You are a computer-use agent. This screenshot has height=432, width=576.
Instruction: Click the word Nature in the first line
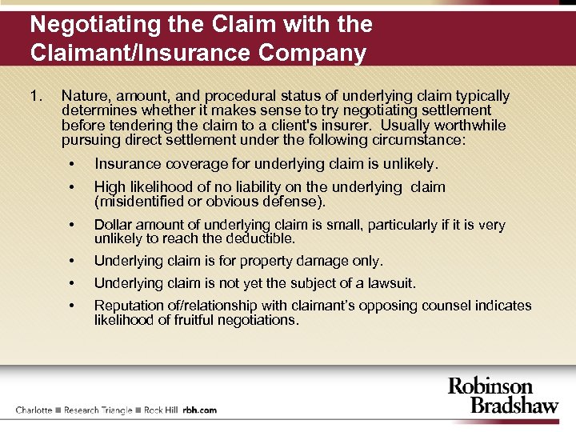pos(82,96)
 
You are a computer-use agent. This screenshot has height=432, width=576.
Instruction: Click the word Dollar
pos(112,225)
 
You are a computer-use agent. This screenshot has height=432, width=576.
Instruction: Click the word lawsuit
pos(391,283)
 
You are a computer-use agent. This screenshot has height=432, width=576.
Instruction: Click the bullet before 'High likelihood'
pos(72,187)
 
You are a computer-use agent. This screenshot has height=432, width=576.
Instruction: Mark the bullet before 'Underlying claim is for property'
pos(72,261)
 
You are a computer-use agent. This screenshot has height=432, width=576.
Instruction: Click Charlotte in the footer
pos(34,410)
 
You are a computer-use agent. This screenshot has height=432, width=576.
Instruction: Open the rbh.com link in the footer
pos(200,410)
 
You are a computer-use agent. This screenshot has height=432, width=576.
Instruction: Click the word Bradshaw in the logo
pos(514,404)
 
